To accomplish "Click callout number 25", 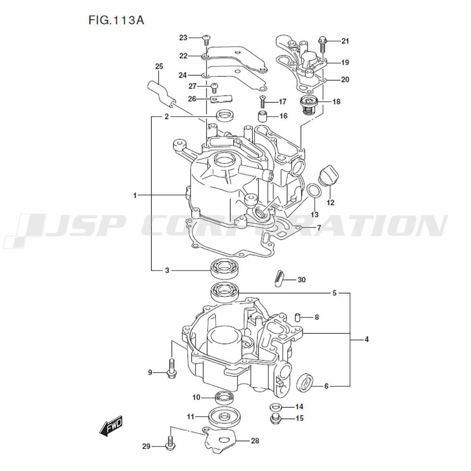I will (x=159, y=66).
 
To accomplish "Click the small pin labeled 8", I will (x=298, y=317).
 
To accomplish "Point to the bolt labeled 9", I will (x=171, y=368).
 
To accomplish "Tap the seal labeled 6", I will (x=306, y=382).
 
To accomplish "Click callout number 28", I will (x=254, y=441).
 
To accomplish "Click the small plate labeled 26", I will (x=222, y=100).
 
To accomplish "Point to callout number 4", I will (x=366, y=339).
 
